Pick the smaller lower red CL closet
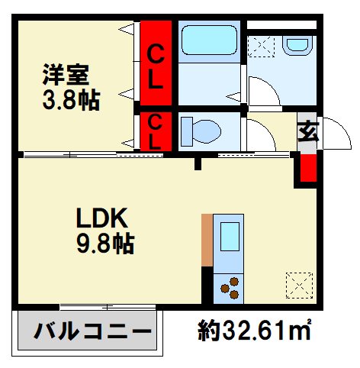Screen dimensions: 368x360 [x=155, y=131]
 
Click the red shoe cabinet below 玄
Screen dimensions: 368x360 [x=307, y=167]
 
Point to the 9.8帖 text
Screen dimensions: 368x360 [x=106, y=244]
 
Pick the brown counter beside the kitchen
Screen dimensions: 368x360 [x=206, y=240]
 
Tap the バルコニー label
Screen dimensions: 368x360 [x=88, y=332]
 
